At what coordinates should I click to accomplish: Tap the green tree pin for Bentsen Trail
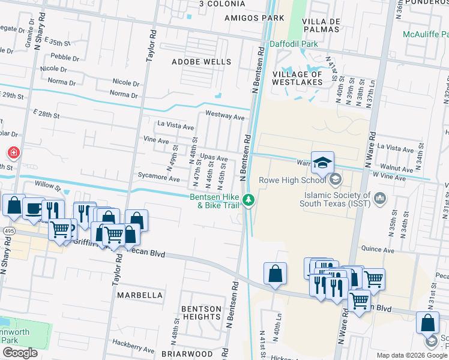(249, 200)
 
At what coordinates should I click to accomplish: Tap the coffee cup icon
(33, 208)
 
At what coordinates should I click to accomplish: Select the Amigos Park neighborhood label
(254, 18)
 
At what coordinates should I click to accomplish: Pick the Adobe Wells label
(201, 62)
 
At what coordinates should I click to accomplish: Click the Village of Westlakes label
(298, 78)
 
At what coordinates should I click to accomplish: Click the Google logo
(20, 353)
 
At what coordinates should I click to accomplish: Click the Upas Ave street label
(214, 158)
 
